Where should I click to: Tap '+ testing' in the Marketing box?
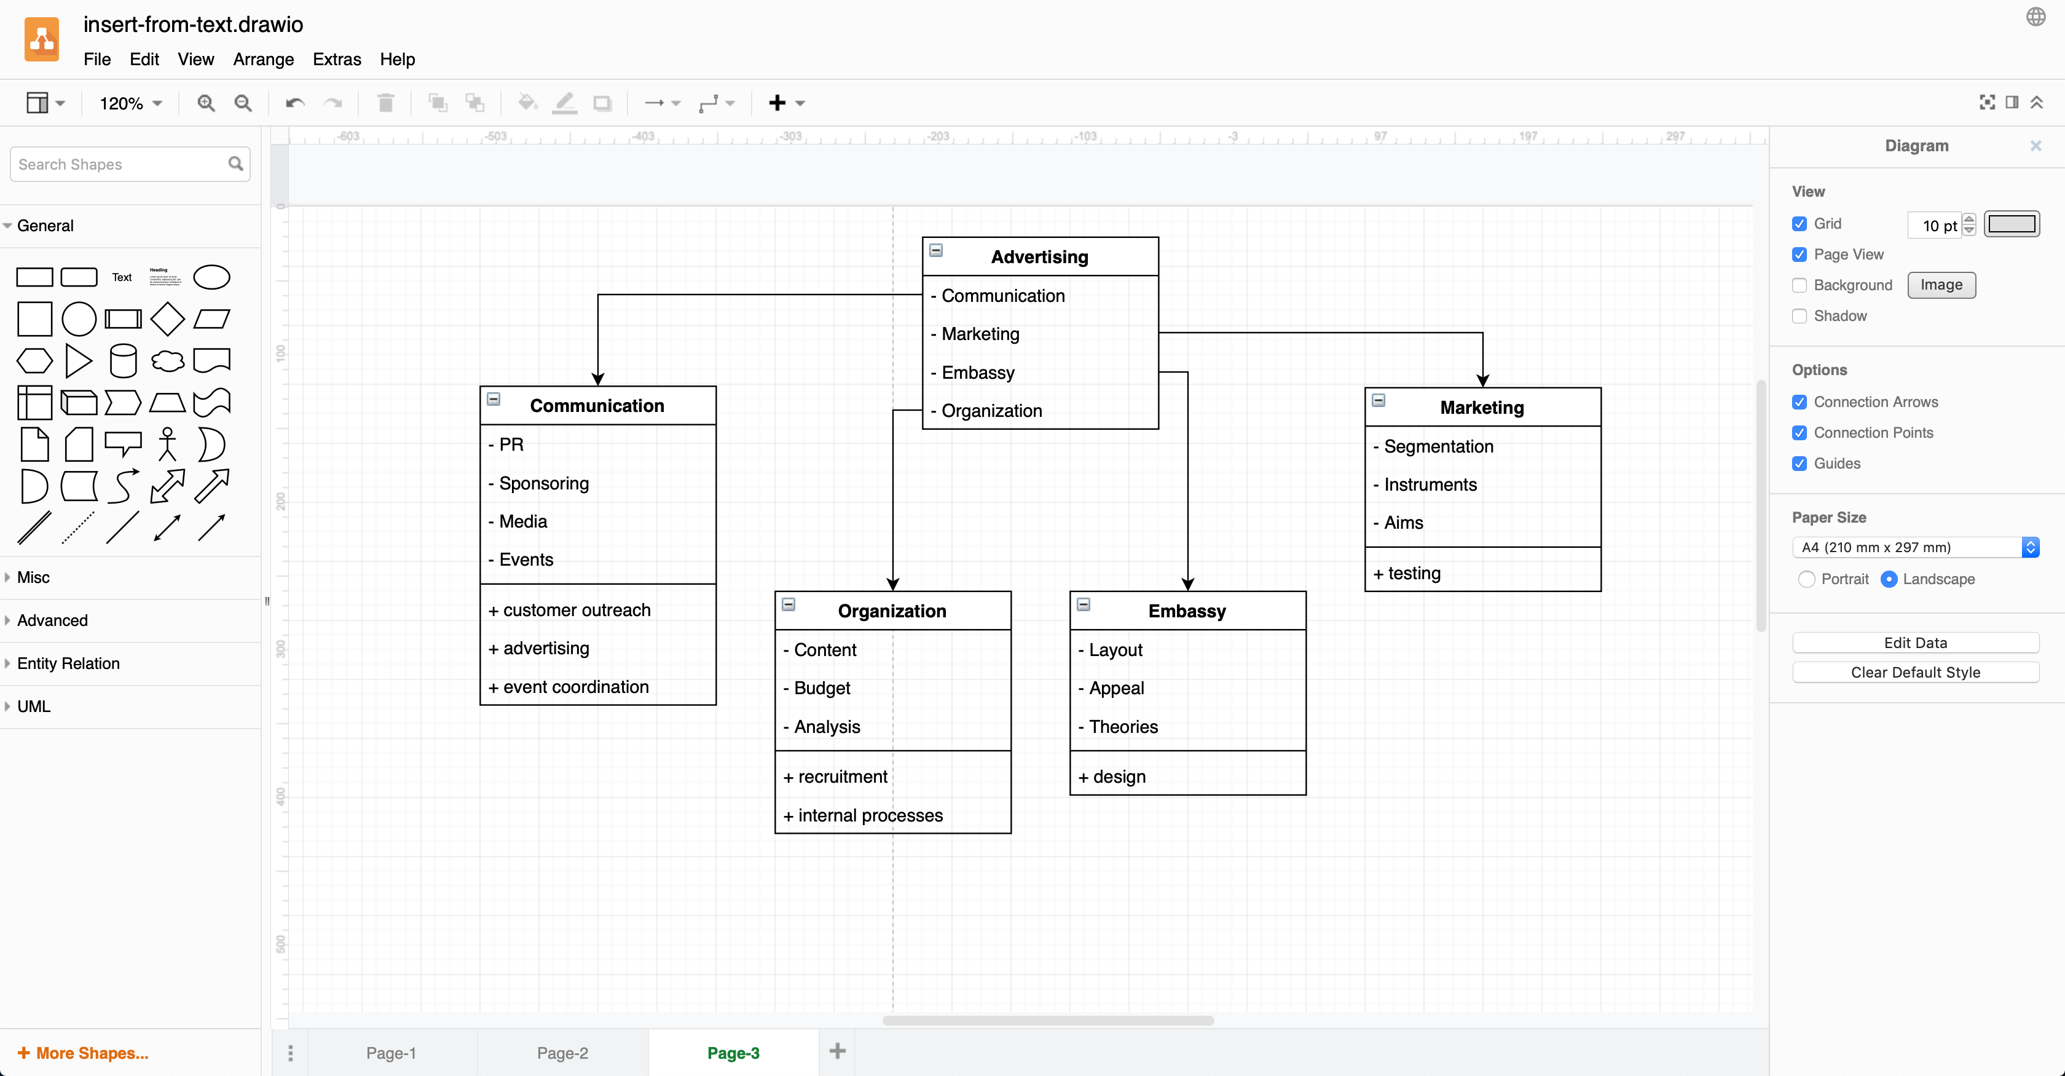(1414, 573)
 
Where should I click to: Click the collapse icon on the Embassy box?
(1083, 604)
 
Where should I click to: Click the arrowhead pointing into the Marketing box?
(1482, 380)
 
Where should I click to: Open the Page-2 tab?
(562, 1053)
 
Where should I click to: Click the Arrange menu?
(263, 59)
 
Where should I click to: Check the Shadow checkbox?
(1799, 316)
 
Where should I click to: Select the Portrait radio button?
(1806, 579)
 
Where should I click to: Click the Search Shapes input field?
(120, 164)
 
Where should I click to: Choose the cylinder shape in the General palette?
(123, 361)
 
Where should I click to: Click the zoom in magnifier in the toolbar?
(206, 103)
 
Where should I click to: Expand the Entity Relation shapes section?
(68, 663)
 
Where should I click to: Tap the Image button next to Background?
(1941, 285)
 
